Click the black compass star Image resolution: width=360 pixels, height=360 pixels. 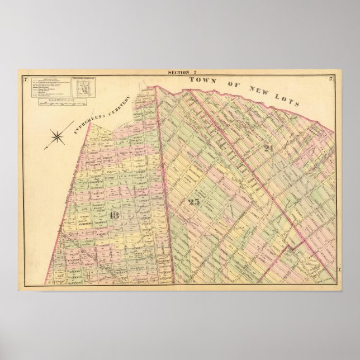tap(57, 136)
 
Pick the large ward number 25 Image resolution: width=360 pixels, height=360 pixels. tap(194, 202)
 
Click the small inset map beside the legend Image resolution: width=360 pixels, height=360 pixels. tap(83, 87)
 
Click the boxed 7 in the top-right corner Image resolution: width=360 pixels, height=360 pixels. tap(331, 78)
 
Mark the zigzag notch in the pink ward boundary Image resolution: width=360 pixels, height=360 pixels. tap(290, 246)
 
